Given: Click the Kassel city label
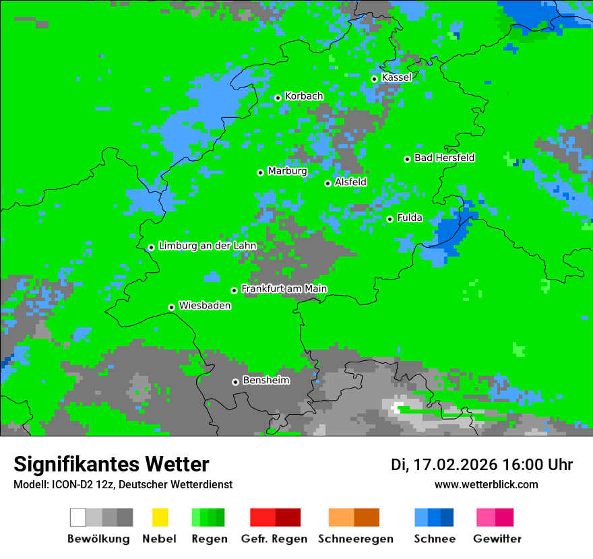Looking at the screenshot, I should pos(396,77).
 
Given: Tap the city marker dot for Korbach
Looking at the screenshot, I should pos(278,98).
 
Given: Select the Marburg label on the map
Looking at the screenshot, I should pos(287,171).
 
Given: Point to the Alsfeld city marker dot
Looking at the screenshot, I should pos(327,183).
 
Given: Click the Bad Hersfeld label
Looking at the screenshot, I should pos(444,158).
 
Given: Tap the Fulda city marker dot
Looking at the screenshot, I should pos(389,219).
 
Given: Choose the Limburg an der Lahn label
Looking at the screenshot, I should pos(207,246).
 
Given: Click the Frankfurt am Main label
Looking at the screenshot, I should pos(284,289).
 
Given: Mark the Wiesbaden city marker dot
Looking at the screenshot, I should pos(171,307).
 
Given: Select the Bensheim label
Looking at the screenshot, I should pos(266,381).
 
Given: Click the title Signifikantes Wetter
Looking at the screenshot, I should pos(111,465).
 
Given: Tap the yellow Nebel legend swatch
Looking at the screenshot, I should pos(160,517).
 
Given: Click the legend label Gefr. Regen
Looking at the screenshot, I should pos(274,539).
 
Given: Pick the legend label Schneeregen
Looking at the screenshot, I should pos(355,539).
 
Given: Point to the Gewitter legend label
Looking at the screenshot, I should pos(497,539).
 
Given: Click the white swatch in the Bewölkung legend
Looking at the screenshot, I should pos(78,517).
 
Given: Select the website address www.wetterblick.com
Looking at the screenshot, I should pos(486,484).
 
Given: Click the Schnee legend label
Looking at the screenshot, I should pos(434,539).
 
